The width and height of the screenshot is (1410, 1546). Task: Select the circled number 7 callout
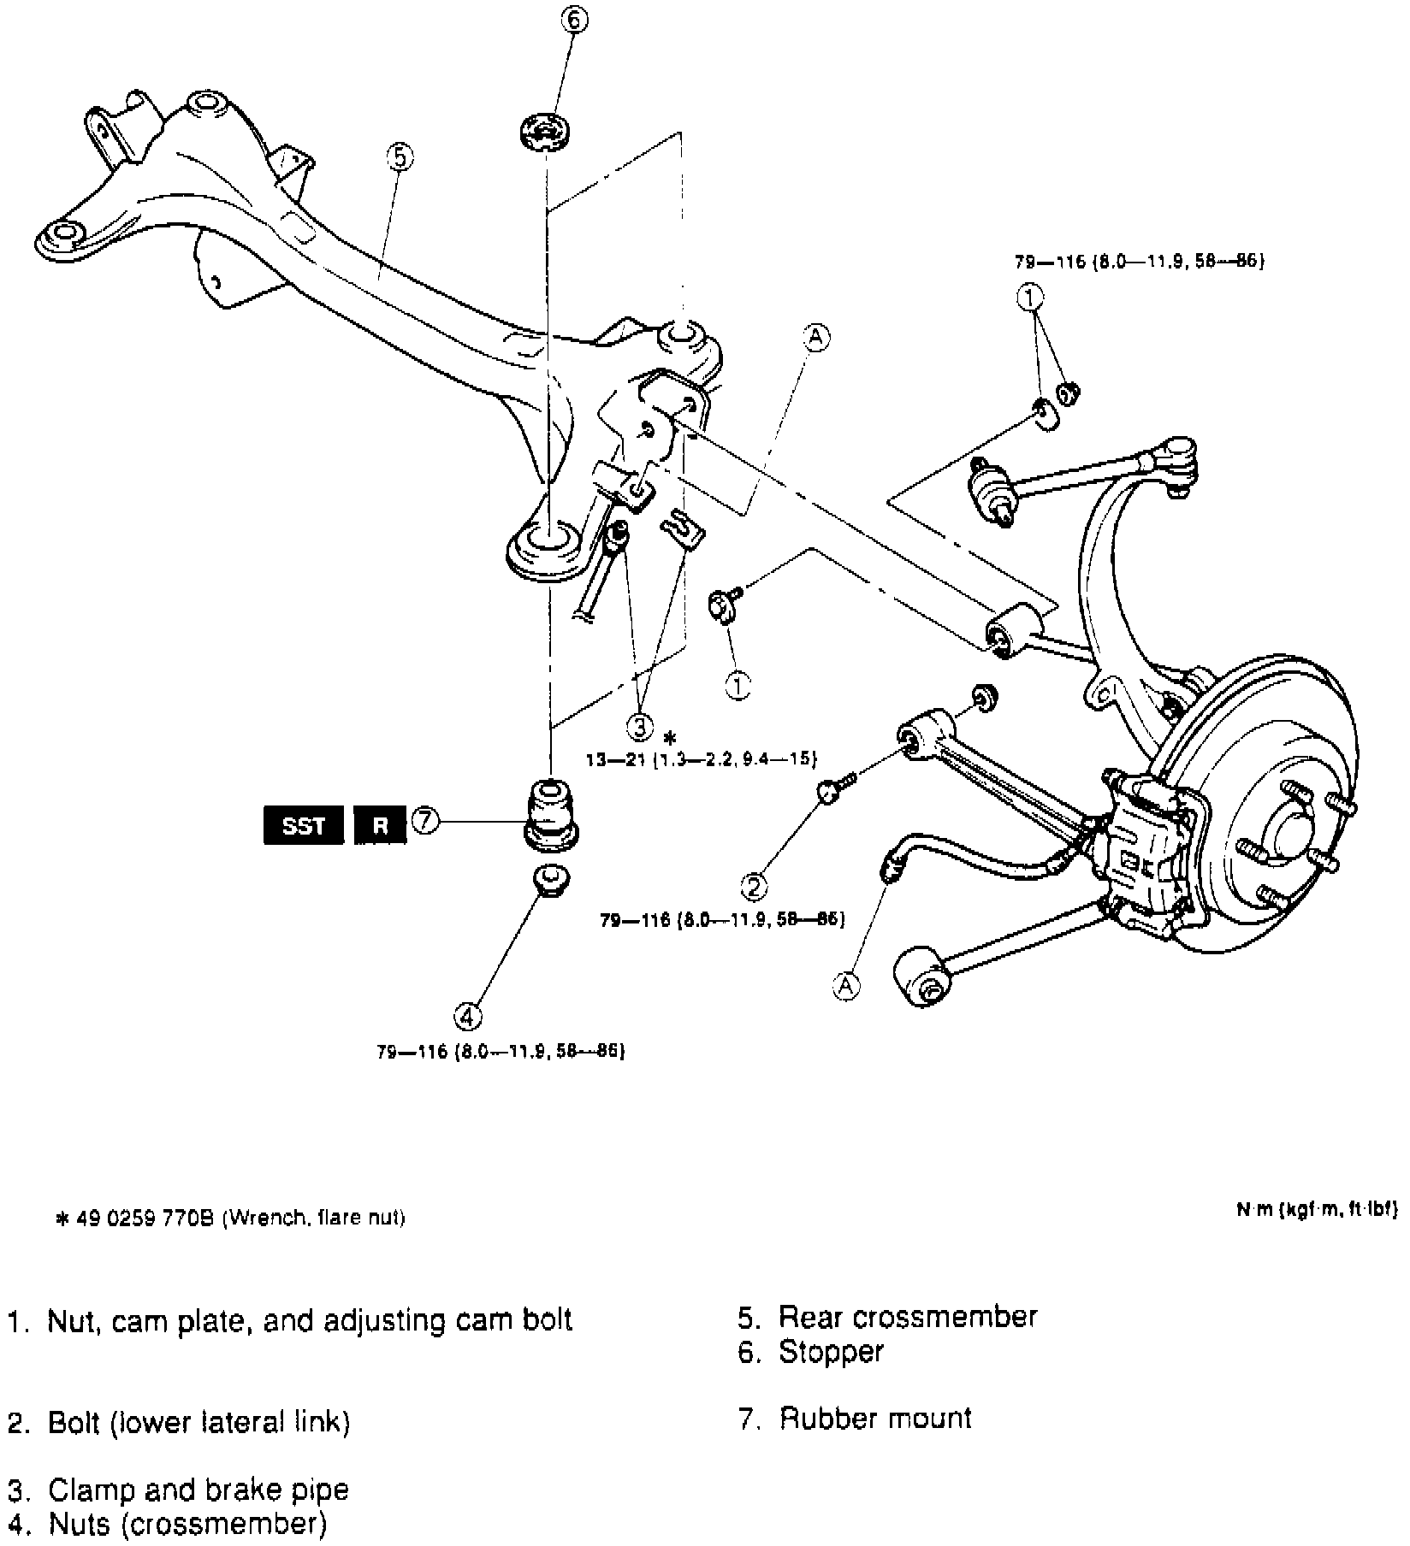click(x=425, y=822)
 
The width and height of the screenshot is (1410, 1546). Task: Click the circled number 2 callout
click(x=754, y=886)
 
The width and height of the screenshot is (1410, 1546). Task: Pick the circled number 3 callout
click(x=640, y=727)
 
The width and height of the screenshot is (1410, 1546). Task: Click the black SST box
click(x=304, y=825)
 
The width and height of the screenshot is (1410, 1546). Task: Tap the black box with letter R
click(x=380, y=825)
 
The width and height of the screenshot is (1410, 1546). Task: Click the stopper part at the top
click(x=546, y=133)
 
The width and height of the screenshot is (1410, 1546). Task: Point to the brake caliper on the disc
click(x=1146, y=855)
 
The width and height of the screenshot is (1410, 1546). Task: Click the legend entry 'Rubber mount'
click(x=874, y=1419)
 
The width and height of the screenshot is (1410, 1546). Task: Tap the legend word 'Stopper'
click(x=830, y=1352)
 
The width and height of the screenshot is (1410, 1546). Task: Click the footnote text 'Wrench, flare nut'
click(x=313, y=1217)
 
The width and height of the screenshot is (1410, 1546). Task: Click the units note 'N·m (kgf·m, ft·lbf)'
click(x=1315, y=1209)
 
